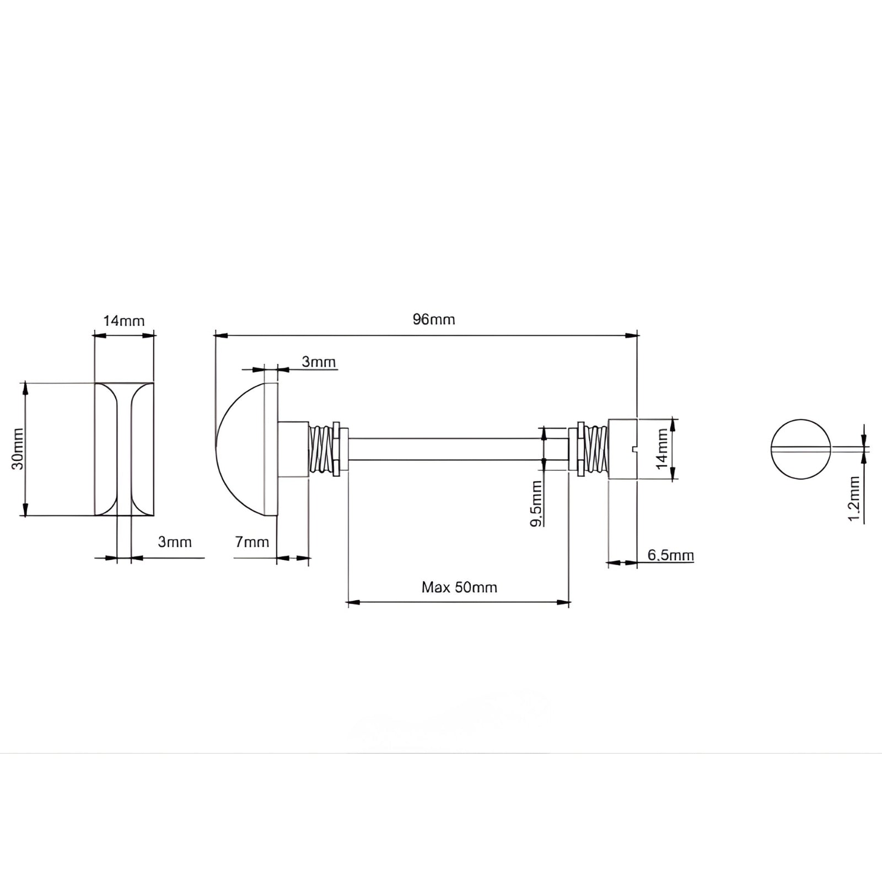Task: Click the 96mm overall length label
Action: point(434,320)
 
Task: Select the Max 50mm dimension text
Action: point(459,587)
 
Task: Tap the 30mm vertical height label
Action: point(18,448)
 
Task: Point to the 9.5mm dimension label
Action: point(536,503)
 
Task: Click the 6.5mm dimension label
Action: point(670,555)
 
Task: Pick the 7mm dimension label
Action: point(252,542)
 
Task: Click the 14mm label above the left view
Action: point(124,320)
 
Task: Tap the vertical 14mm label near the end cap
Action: point(661,449)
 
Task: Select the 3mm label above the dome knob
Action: point(319,362)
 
